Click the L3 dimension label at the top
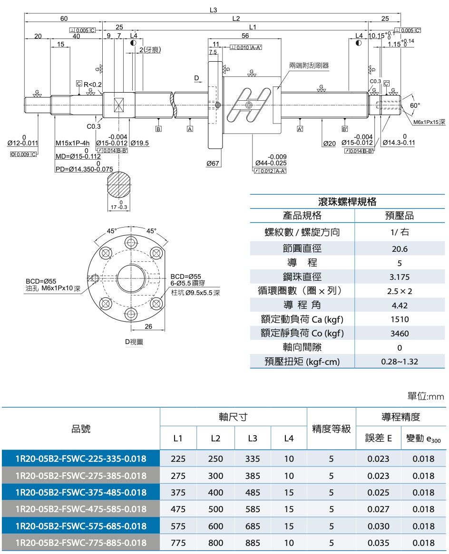213,10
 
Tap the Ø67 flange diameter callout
213,163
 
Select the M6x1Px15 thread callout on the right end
429,122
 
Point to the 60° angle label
415,105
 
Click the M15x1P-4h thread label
72,143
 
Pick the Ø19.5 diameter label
140,143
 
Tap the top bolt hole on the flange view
131,243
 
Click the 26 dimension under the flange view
148,326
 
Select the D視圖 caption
134,342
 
